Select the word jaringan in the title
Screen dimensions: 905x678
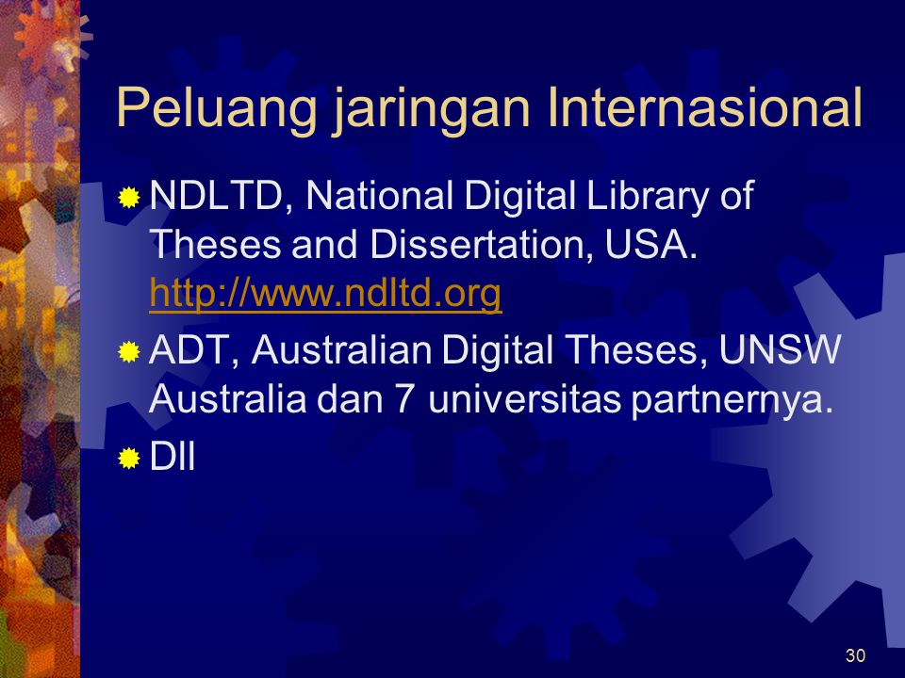(x=431, y=110)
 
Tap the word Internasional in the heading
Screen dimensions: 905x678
(x=705, y=107)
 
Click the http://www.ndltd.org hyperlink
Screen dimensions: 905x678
(x=325, y=295)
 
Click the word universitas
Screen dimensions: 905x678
(x=524, y=399)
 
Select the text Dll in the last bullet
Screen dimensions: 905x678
(x=172, y=458)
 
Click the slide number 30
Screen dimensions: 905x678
(x=855, y=655)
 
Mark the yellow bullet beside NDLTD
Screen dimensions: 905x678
(x=129, y=198)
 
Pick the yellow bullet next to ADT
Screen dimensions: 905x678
(x=129, y=351)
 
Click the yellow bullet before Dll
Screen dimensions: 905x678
(x=129, y=459)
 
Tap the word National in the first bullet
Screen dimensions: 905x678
(x=379, y=195)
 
